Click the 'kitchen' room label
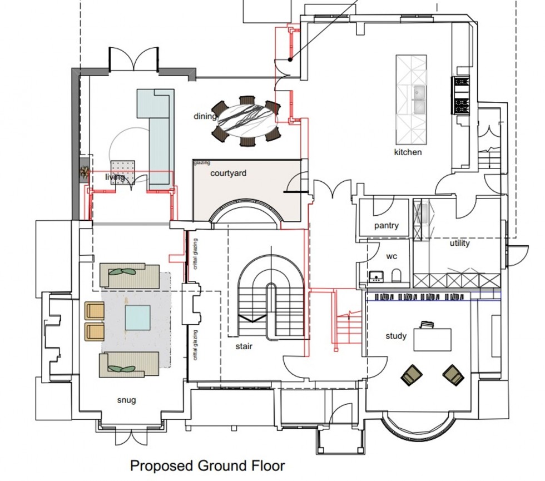click(408, 152)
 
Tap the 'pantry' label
click(386, 226)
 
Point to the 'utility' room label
click(459, 244)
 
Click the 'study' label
click(396, 336)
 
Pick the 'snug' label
click(126, 400)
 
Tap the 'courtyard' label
click(228, 173)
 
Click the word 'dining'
click(205, 116)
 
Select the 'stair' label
click(243, 346)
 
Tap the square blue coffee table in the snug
click(137, 318)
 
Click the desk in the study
click(432, 339)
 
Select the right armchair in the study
click(453, 375)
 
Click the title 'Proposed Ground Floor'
click(207, 465)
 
